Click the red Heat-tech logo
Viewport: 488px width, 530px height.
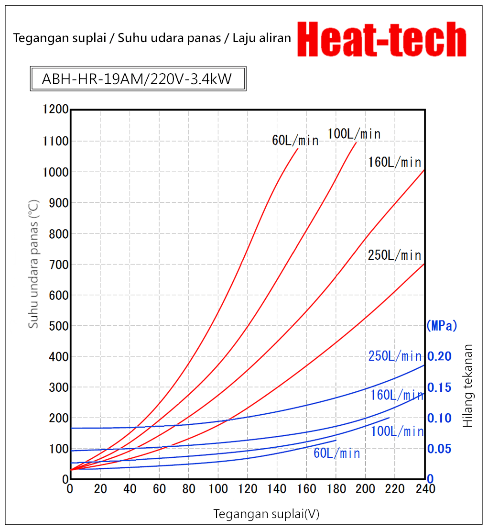click(381, 40)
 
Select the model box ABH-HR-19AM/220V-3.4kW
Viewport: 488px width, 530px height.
click(138, 78)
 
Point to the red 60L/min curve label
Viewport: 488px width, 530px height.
click(295, 140)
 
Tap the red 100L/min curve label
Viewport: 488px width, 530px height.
click(354, 134)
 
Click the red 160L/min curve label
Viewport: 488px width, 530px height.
click(395, 162)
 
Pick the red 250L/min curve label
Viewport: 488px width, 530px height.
click(395, 255)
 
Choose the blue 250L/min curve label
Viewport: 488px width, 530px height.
click(395, 356)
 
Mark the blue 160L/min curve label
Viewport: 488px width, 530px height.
click(397, 395)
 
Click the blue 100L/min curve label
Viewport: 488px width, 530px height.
click(397, 431)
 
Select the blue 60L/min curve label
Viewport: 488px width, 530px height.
click(336, 453)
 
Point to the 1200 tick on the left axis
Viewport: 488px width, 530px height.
click(55, 110)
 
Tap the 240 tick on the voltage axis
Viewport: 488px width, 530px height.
click(425, 489)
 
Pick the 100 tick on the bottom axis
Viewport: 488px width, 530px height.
click(218, 489)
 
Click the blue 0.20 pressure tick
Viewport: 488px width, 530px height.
click(439, 356)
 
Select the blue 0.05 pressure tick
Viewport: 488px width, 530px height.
click(439, 449)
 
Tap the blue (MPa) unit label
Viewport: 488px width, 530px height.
click(442, 326)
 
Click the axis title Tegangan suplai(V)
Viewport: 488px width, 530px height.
click(266, 514)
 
